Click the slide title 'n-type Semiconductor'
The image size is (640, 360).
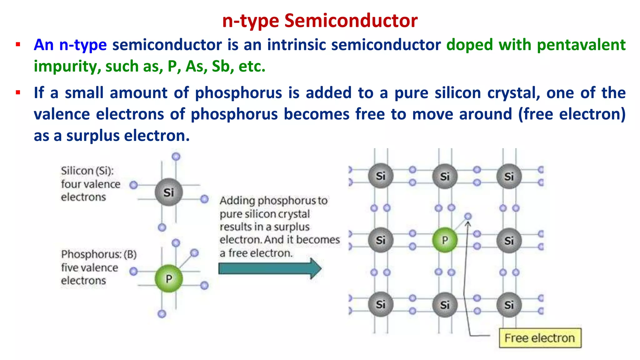320,21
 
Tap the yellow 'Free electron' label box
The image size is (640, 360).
540,338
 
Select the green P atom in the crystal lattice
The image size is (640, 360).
445,240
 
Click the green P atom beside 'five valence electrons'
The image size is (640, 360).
169,278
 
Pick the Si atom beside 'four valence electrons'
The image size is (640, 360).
169,192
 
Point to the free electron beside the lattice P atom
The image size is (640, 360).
468,216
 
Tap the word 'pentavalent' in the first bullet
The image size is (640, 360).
581,45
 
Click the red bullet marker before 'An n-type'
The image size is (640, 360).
18,45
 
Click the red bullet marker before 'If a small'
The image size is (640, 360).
18,93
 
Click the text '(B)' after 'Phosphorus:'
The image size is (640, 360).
130,254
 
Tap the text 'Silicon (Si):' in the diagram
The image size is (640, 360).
87,171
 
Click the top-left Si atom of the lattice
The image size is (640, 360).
380,176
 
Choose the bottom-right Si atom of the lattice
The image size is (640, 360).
509,305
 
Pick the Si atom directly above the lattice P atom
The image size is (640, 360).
445,177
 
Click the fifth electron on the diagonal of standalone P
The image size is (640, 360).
194,253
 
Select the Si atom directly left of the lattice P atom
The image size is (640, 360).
380,240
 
